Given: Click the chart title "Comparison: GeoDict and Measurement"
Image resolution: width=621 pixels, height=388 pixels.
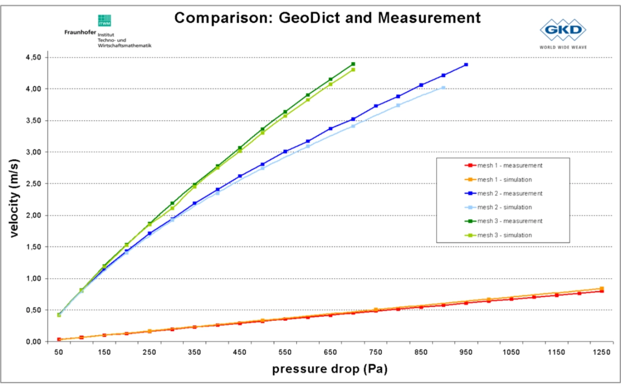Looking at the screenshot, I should click(x=327, y=18).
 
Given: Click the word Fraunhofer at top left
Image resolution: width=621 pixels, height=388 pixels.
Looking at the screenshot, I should click(x=80, y=32).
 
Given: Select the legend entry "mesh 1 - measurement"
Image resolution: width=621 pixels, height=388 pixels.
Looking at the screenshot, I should click(x=510, y=166).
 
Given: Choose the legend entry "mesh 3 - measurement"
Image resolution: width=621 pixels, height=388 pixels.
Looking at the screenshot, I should click(x=510, y=221).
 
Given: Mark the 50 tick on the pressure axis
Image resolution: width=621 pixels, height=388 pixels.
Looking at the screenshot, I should click(x=59, y=352).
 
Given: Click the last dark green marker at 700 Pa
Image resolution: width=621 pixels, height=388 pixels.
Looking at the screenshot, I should click(x=353, y=64).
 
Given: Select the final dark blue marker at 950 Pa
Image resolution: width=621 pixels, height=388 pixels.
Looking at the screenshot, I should click(x=466, y=65).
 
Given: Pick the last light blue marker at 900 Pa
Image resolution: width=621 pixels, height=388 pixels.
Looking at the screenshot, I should click(x=443, y=88).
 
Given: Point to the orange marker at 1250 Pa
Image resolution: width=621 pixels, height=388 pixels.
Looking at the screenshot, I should click(x=601, y=289).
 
